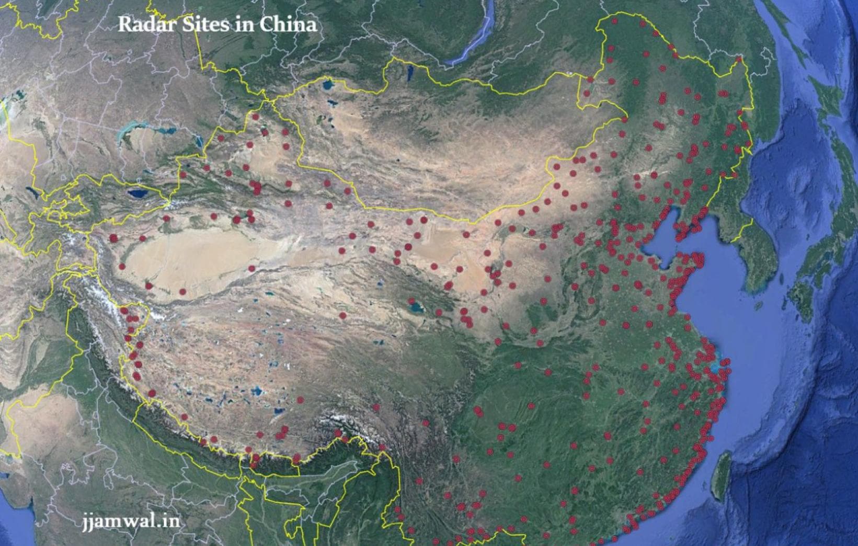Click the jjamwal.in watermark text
pyautogui.click(x=131, y=521)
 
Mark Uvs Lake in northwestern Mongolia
pyautogui.click(x=328, y=83)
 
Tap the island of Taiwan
pyautogui.click(x=724, y=473)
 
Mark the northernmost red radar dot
pyautogui.click(x=615, y=21)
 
